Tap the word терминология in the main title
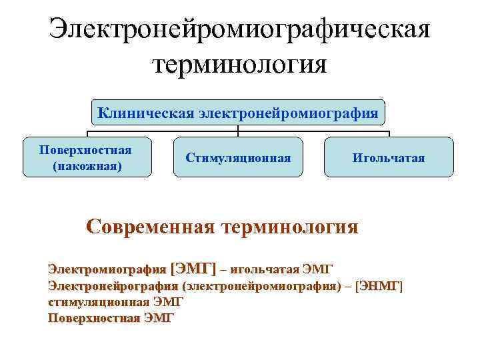pos(240,65)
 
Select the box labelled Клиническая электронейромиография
pos(238,112)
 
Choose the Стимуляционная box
pos(238,157)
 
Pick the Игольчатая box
pos(389,157)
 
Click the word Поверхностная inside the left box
pos(85,149)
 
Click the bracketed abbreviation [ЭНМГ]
pos(379,286)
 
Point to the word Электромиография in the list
pos(107,269)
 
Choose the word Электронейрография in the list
pos(113,286)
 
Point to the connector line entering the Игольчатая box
pos(389,133)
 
